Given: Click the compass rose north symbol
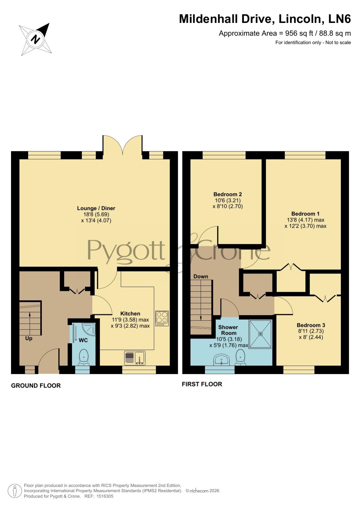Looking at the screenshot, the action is pyautogui.click(x=36, y=39).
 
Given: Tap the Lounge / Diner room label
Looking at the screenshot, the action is pyautogui.click(x=96, y=208).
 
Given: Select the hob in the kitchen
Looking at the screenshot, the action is pyautogui.click(x=162, y=318).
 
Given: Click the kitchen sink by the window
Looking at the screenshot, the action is pyautogui.click(x=135, y=358).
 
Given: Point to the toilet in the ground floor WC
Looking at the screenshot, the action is pyautogui.click(x=84, y=357).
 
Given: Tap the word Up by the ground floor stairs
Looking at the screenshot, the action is pyautogui.click(x=29, y=338).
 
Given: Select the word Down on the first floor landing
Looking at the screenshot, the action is pyautogui.click(x=201, y=276).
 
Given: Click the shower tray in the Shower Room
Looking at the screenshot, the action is pyautogui.click(x=260, y=334).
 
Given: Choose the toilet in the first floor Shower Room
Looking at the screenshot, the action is pyautogui.click(x=240, y=358).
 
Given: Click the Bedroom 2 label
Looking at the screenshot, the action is pyautogui.click(x=228, y=194).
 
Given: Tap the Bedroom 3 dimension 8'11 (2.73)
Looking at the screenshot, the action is pyautogui.click(x=311, y=331).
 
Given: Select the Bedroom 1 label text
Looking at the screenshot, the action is pyautogui.click(x=305, y=214).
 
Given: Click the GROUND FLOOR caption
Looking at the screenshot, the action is pyautogui.click(x=36, y=385).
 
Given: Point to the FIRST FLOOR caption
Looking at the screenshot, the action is pyautogui.click(x=202, y=384).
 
